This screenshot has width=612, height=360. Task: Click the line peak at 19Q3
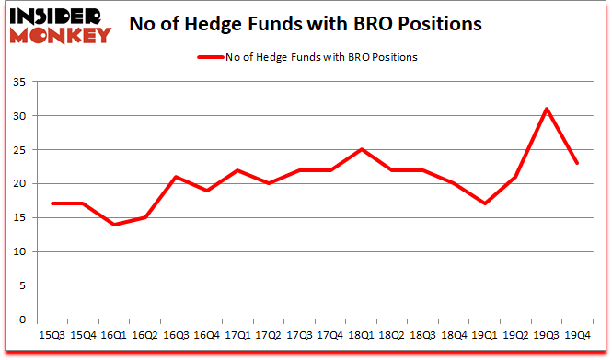[x=546, y=109]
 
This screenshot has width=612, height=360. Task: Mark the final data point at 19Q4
[x=577, y=163]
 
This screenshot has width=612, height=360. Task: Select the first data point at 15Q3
[x=52, y=203]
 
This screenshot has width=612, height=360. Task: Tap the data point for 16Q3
[x=175, y=177]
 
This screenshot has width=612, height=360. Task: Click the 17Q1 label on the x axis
[x=237, y=336]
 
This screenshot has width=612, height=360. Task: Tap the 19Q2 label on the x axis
[x=514, y=336]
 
